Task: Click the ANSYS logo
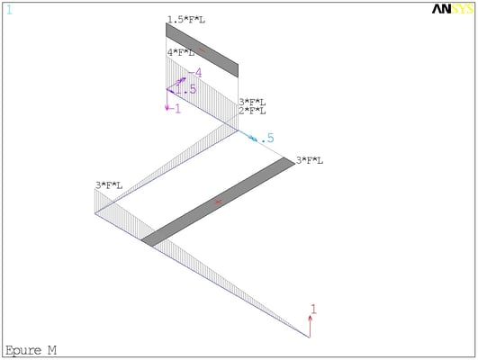point(453,9)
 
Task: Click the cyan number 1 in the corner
point(9,11)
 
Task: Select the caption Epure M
point(32,351)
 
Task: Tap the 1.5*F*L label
point(186,20)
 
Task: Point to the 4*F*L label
point(180,53)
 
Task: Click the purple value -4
point(195,73)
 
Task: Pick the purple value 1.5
point(185,89)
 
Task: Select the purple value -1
point(175,109)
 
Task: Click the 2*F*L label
point(252,111)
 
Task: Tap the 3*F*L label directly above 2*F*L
point(252,102)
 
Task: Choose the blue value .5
point(267,138)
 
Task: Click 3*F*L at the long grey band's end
point(310,160)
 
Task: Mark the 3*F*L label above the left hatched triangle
point(109,185)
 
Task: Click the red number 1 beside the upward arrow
point(313,310)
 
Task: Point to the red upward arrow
point(310,327)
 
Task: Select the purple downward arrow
point(167,100)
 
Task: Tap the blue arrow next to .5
point(248,136)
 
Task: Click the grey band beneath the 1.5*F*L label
point(202,50)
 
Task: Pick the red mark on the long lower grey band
point(218,202)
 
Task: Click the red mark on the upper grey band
point(202,50)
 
